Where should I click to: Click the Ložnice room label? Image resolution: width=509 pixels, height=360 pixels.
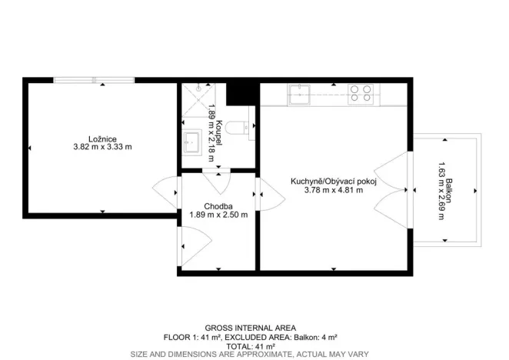point(98,138)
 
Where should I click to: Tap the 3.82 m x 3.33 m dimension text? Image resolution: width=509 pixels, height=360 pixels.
point(98,147)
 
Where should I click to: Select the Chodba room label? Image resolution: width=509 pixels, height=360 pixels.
point(218,206)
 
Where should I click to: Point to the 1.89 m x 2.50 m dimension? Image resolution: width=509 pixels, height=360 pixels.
point(218,215)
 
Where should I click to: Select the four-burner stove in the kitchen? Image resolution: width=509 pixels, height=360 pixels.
point(360,93)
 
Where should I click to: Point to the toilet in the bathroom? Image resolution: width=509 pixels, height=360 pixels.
point(246,128)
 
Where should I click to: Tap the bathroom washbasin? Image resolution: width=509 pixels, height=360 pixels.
point(192,141)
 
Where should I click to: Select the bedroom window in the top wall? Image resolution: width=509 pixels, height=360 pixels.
point(95,78)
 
